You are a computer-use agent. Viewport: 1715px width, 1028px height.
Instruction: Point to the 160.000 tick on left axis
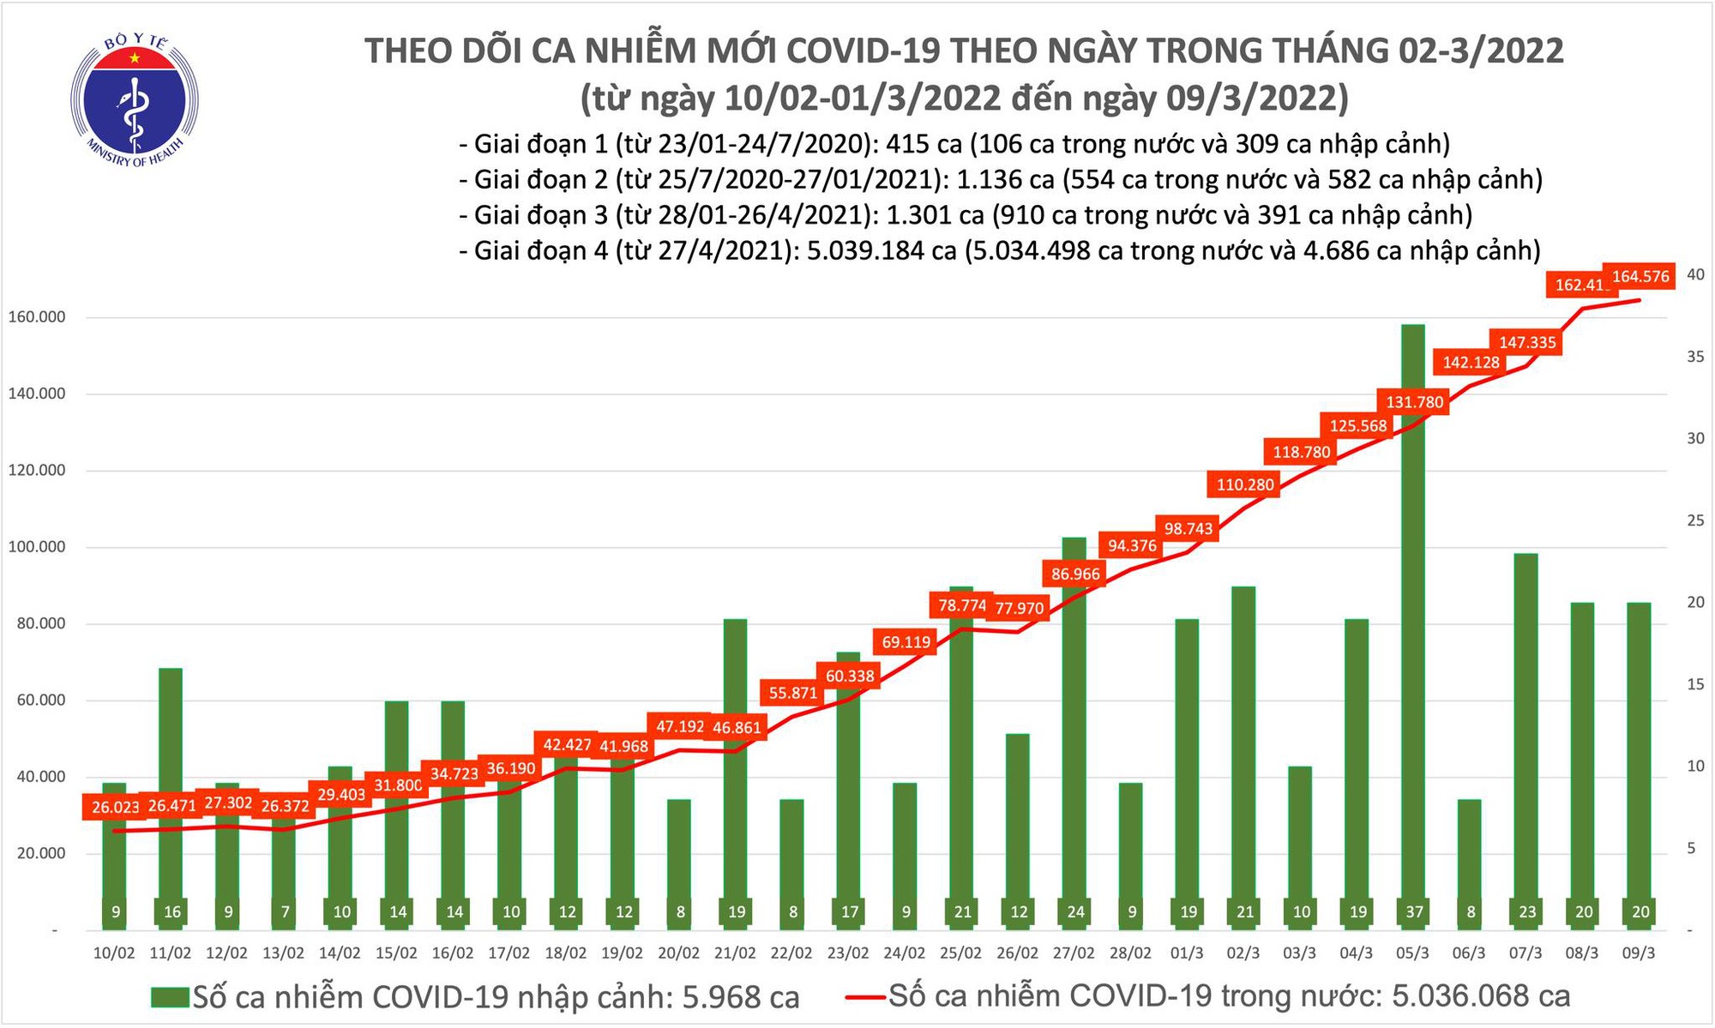click(36, 317)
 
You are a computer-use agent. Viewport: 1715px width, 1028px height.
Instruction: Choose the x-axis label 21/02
click(735, 953)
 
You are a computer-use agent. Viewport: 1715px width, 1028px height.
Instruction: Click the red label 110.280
click(1245, 484)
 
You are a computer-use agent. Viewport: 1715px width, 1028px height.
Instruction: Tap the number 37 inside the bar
click(1414, 912)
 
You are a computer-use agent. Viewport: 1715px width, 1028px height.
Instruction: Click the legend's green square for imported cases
click(169, 997)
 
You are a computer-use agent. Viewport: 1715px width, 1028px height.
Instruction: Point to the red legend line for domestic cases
click(864, 997)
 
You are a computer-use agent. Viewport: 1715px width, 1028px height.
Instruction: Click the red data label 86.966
click(1075, 574)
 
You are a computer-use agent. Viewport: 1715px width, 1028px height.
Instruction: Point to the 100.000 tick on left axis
click(36, 547)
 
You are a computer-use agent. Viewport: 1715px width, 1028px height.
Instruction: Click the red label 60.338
click(850, 676)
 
